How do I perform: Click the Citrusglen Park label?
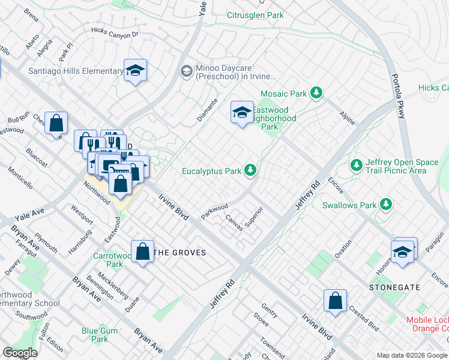tap(255, 15)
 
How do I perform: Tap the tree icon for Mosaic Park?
tap(316, 93)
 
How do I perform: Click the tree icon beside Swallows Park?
tap(386, 205)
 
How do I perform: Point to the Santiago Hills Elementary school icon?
tap(136, 71)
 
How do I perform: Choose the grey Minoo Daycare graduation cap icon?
tap(186, 71)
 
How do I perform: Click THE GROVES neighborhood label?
tap(180, 253)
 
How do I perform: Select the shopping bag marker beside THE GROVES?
tap(143, 251)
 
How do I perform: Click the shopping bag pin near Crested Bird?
tap(335, 300)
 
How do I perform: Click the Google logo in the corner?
tap(20, 353)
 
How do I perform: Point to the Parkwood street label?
tap(215, 211)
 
